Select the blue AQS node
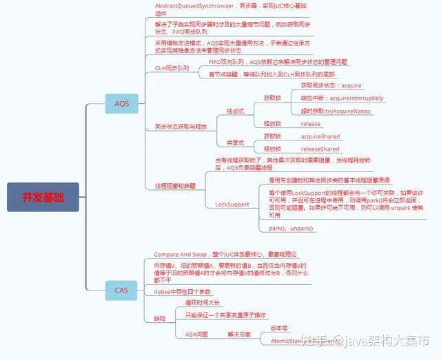click(121, 104)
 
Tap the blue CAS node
click(121, 290)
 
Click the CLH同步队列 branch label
click(172, 68)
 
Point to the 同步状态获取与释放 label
click(180, 127)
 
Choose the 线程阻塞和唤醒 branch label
click(175, 186)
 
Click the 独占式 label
click(236, 111)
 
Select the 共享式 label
click(236, 142)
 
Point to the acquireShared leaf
click(320, 136)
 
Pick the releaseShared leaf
click(320, 149)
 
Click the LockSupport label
click(232, 204)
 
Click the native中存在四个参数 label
click(183, 292)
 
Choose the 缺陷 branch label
click(160, 318)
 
